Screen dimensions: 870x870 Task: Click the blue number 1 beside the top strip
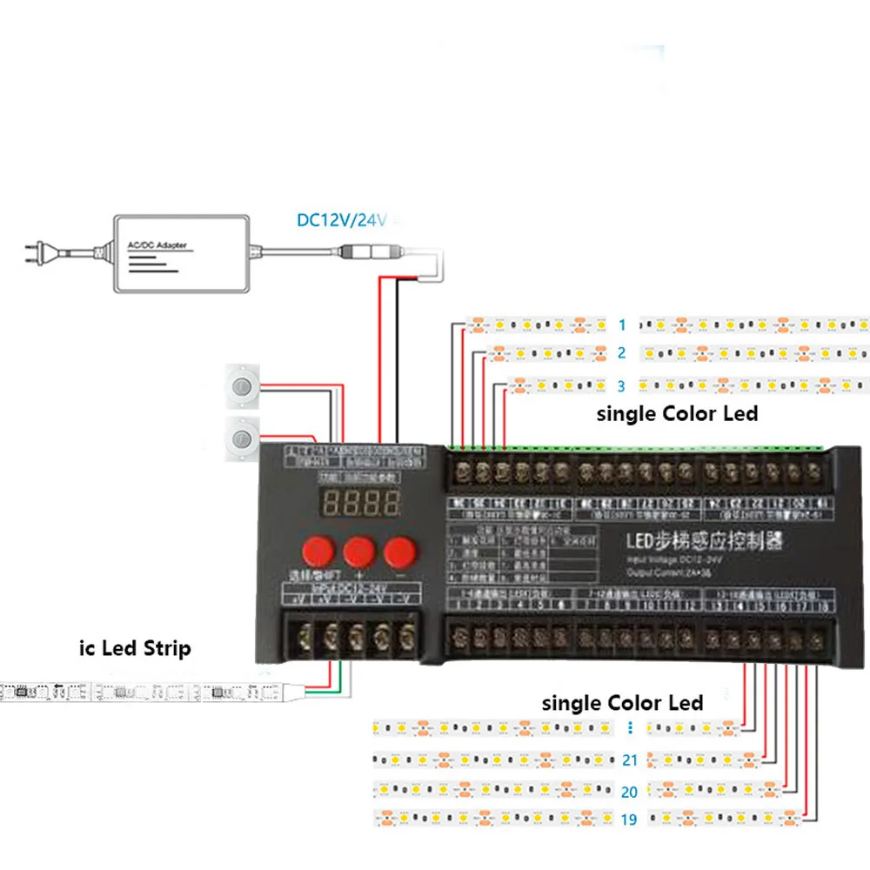621,325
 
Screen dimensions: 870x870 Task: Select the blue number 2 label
621,353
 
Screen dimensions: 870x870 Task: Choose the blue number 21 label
630,760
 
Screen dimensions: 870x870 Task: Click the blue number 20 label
630,792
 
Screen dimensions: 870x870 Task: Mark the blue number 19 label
630,820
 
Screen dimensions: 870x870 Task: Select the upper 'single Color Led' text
677,414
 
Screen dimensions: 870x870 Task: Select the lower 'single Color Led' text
622,702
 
